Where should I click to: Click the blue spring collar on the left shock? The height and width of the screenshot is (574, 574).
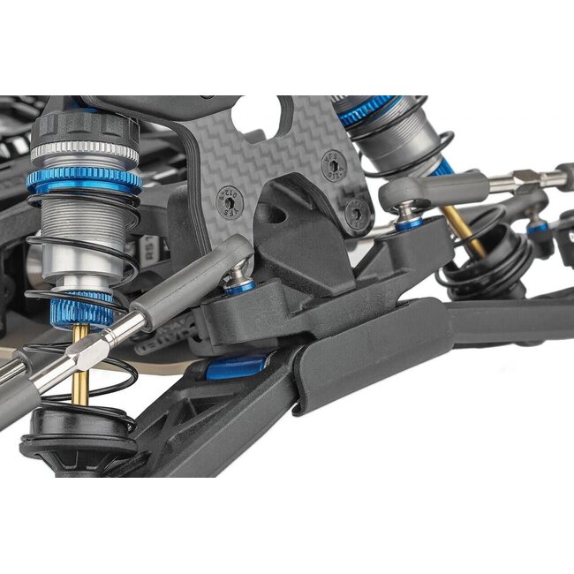point(83,181)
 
